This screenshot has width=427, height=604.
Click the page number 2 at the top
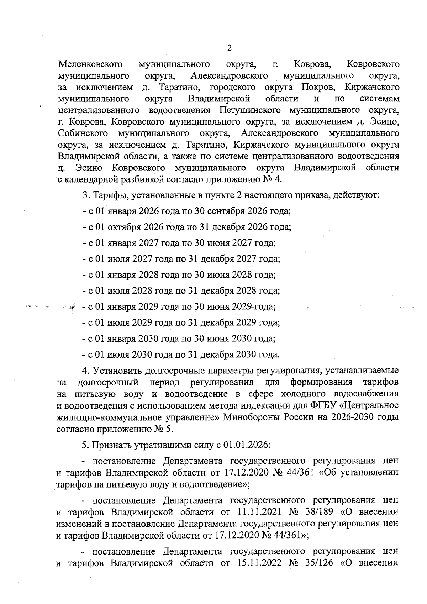[x=229, y=48]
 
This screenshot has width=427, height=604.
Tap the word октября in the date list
[x=122, y=227]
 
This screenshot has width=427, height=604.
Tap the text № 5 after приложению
[x=163, y=429]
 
